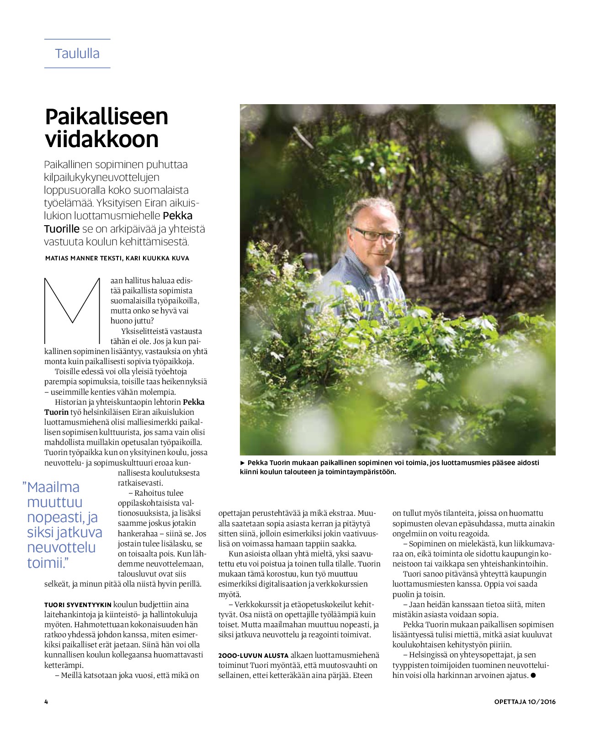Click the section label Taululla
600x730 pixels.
tap(77, 53)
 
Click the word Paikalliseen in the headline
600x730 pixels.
tap(106, 117)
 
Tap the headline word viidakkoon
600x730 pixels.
tap(101, 140)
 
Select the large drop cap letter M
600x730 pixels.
tap(72, 310)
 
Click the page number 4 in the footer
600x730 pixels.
tap(46, 702)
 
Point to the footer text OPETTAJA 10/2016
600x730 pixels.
tap(525, 702)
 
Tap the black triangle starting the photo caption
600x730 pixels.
tap(243, 463)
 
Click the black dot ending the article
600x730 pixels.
tap(533, 675)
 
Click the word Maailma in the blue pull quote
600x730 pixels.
tap(53, 487)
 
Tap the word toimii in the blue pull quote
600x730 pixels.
tap(45, 563)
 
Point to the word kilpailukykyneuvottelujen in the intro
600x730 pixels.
tap(101, 177)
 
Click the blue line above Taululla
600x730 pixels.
tap(77, 39)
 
